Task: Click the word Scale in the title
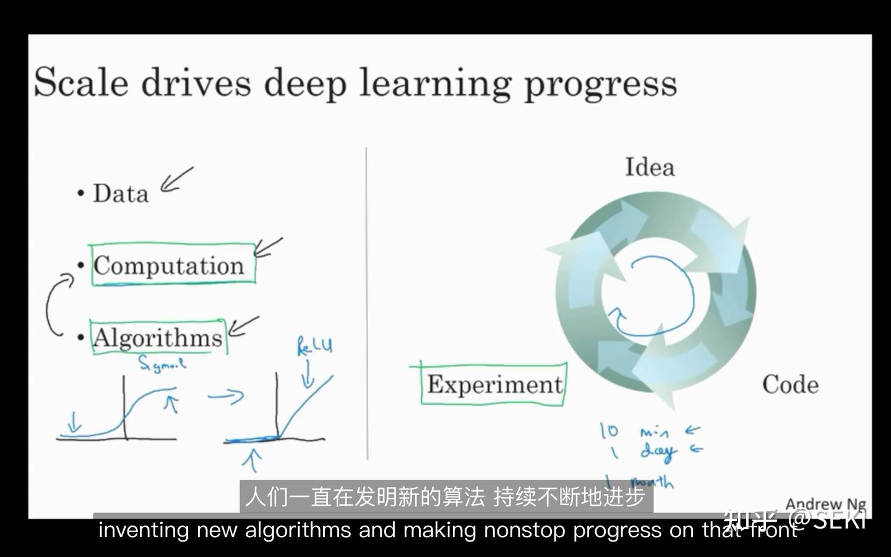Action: [x=81, y=82]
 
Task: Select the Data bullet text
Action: [x=121, y=194]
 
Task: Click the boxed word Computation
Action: [x=169, y=266]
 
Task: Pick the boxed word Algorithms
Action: [x=157, y=338]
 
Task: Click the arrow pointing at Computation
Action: [x=268, y=248]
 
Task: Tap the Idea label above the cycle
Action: [x=649, y=167]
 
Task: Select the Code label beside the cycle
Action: [x=790, y=385]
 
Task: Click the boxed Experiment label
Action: [x=494, y=385]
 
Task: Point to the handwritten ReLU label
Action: [x=314, y=346]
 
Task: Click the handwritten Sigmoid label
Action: [x=161, y=364]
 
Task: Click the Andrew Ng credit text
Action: [x=825, y=504]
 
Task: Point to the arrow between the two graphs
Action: [x=226, y=395]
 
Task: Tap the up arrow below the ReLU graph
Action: [x=252, y=460]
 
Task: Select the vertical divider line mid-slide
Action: [x=367, y=303]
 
